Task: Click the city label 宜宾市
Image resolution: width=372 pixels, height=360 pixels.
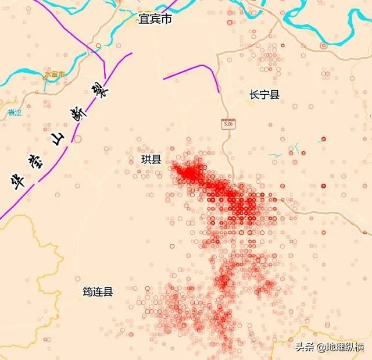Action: coord(155,20)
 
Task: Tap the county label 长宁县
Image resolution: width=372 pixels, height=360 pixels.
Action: coord(264,95)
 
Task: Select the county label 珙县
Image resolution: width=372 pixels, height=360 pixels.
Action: coord(151,159)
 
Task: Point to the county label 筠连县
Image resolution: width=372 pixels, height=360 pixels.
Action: coord(98,292)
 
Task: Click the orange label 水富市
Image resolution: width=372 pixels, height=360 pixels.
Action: coord(55,74)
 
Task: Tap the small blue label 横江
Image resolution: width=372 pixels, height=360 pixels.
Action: coord(15,112)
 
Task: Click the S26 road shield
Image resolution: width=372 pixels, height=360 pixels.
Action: coord(229,124)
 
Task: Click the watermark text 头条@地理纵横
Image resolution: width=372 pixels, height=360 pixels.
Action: coord(330,347)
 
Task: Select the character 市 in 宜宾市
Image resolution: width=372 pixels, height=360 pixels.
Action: coord(167,20)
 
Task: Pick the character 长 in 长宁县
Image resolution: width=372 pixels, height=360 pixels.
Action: coord(254,95)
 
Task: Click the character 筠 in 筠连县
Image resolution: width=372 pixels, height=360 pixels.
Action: coord(87,292)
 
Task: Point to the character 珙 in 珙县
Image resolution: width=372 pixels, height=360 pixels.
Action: coord(146,159)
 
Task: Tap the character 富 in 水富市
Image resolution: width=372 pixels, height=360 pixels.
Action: coord(55,74)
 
